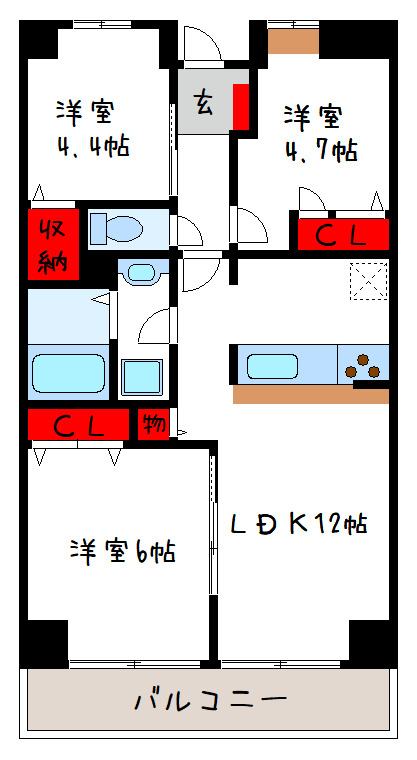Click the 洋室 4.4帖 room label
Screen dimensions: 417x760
pos(93,128)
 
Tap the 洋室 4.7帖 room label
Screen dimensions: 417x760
pos(321,132)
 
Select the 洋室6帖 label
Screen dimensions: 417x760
pos(122,551)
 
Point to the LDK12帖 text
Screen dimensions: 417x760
pos(297,523)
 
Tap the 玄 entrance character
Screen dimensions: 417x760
pos(204,103)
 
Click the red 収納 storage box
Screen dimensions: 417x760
pos(53,244)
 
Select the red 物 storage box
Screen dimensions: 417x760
pos(154,425)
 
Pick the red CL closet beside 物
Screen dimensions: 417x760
pos(79,425)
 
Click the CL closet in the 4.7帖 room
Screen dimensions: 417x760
pos(343,235)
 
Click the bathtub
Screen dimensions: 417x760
pos(68,373)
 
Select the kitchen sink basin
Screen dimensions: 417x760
pos(272,366)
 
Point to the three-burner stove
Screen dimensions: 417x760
pos(363,365)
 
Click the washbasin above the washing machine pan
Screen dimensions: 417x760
pos(142,271)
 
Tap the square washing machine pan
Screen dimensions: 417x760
pos(142,378)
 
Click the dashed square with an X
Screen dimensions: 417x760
pos(369,281)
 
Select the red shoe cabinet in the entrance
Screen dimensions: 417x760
pos(241,107)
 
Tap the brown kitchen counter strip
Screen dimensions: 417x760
pos(311,396)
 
